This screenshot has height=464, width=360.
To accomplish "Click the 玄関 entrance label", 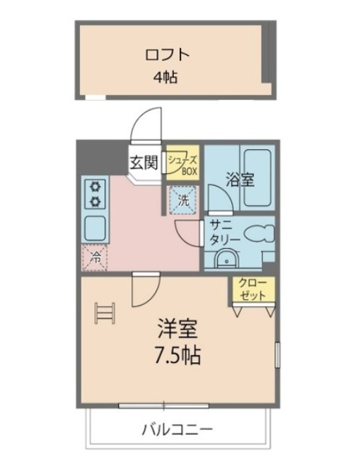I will click(143, 162).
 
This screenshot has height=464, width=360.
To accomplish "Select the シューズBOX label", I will click(183, 163).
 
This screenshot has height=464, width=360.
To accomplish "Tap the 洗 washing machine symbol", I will click(182, 199).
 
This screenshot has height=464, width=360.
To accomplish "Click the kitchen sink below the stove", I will click(94, 227).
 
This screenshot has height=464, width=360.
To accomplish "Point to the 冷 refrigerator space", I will click(93, 257).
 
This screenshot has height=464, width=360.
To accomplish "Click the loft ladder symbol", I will click(104, 313).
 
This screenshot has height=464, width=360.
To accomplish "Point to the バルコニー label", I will click(177, 429).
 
